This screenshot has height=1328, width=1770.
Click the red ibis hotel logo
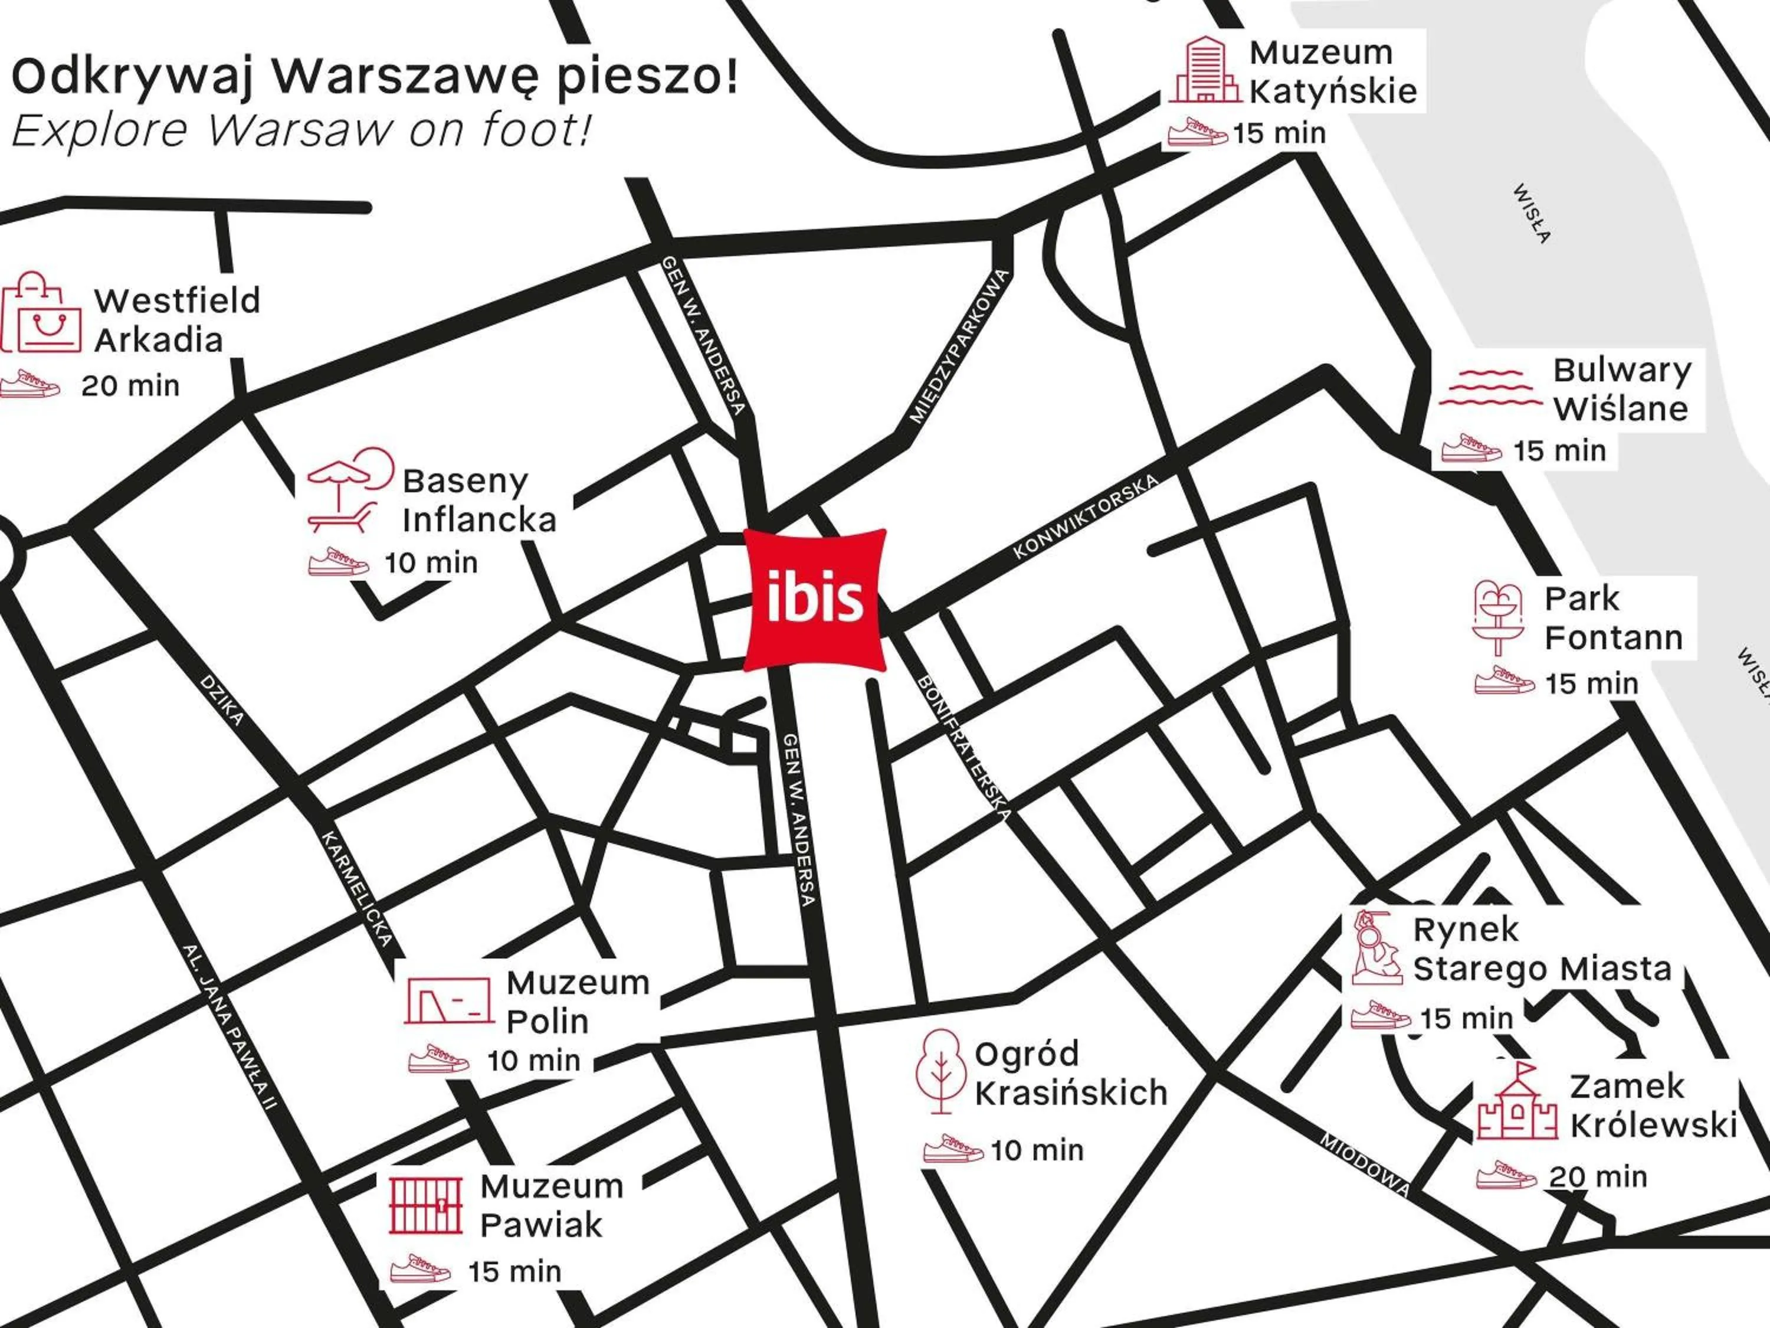click(815, 598)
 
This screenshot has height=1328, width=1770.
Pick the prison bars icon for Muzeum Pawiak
click(426, 1204)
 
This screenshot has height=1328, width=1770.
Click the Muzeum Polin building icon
click(448, 1000)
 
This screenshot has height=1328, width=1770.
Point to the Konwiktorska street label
click(1085, 516)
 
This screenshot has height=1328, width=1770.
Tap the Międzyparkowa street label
click(959, 346)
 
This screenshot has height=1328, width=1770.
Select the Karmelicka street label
click(357, 888)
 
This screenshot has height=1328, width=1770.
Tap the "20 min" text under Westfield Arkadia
click(130, 386)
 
